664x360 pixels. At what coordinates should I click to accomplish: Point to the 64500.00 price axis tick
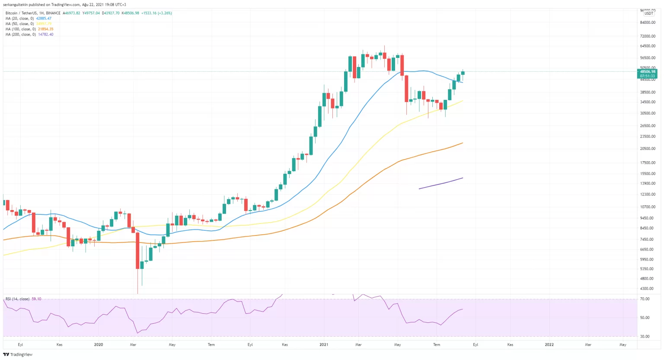click(x=648, y=46)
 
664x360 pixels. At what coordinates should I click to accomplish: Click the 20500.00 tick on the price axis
click(x=648, y=148)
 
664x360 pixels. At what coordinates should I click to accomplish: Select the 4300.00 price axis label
click(x=647, y=288)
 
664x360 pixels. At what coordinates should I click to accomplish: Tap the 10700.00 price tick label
click(x=648, y=207)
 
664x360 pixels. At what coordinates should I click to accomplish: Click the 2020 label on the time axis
click(x=99, y=344)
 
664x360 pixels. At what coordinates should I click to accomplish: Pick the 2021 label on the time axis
click(x=324, y=344)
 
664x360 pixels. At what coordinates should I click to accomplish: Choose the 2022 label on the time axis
click(x=549, y=344)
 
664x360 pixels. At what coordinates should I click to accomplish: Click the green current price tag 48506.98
click(x=647, y=72)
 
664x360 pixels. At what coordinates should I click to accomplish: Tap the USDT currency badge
click(x=649, y=13)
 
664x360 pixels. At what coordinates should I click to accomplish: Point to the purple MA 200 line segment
click(x=441, y=183)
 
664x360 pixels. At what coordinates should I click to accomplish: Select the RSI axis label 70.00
click(x=645, y=299)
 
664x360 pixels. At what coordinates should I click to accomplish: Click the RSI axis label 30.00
click(x=645, y=336)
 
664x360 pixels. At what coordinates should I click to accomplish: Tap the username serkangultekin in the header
click(x=16, y=4)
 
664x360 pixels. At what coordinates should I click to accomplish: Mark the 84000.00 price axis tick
click(x=648, y=22)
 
